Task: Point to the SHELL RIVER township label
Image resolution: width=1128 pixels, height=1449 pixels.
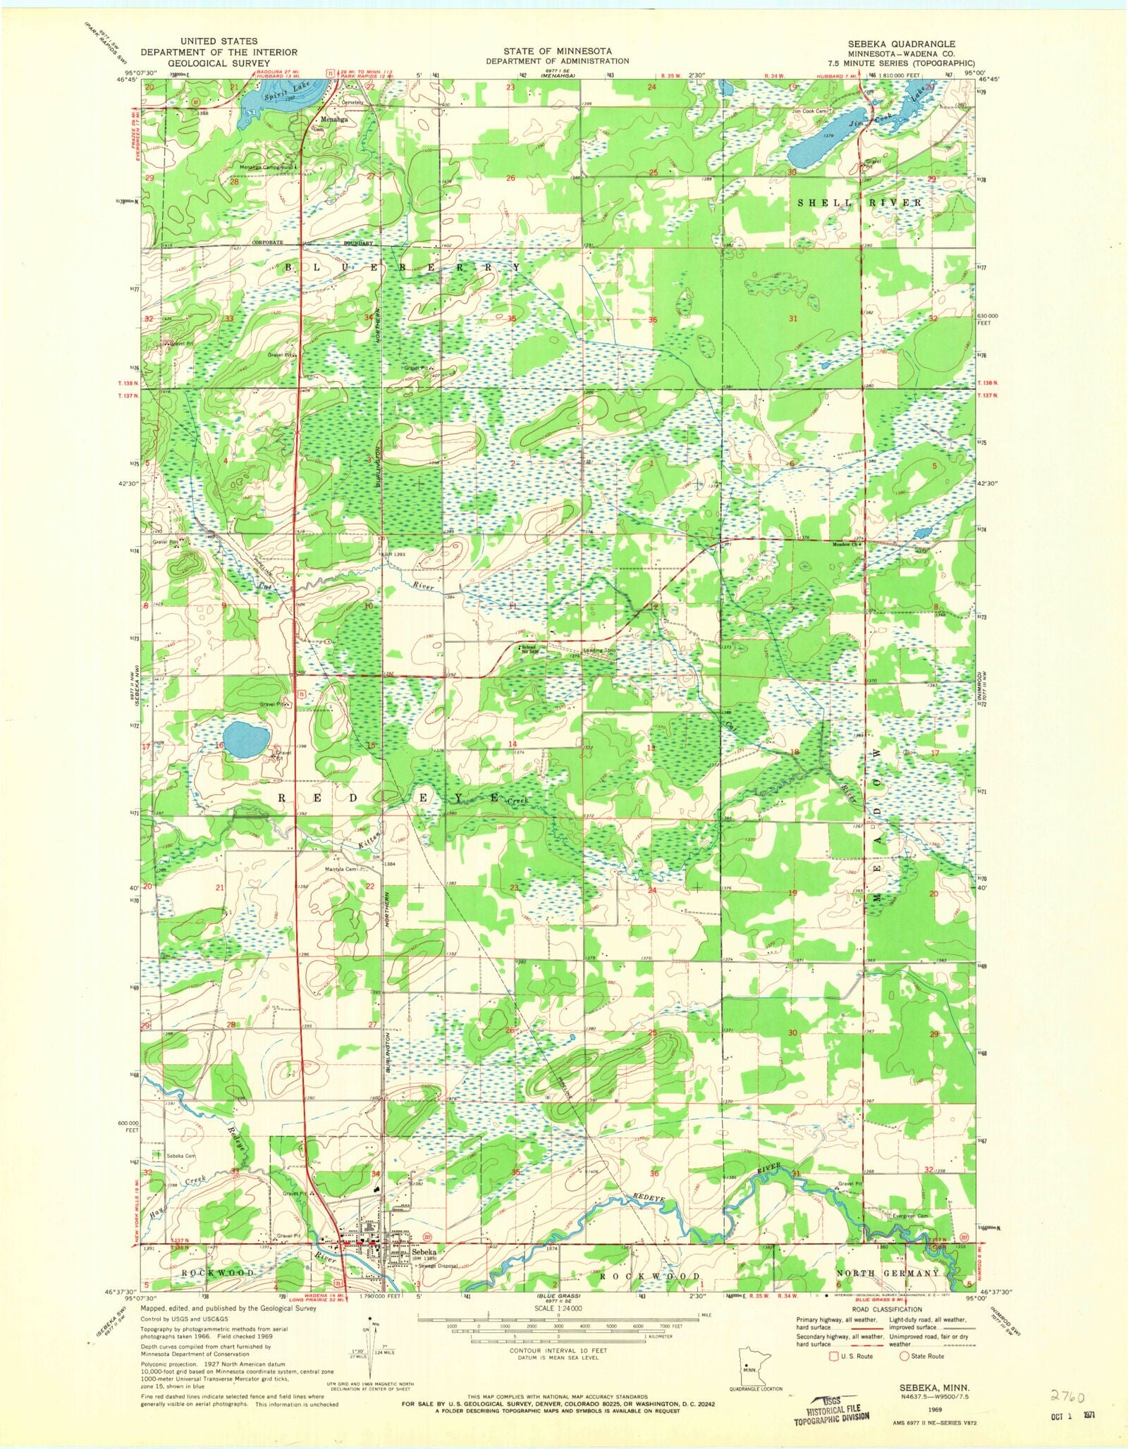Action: coord(859,203)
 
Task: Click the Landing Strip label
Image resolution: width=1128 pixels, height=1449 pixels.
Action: coord(600,650)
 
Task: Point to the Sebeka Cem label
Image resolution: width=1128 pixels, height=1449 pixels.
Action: coord(180,1157)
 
